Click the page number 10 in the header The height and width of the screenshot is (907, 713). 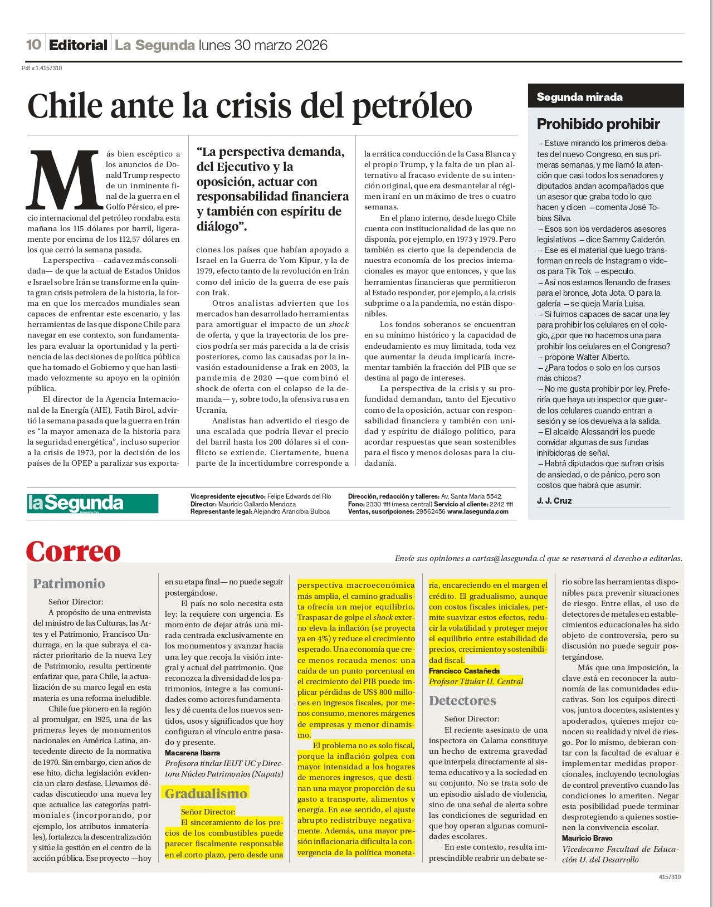point(33,45)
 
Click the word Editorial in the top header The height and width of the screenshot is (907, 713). point(78,45)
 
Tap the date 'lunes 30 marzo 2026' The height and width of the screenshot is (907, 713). point(263,45)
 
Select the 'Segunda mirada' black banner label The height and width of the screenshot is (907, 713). point(579,97)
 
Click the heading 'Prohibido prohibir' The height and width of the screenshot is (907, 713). point(598,124)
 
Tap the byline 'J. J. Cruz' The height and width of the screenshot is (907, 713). point(554,500)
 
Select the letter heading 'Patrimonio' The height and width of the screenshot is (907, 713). point(69,583)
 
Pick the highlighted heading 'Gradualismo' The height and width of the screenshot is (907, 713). point(206,793)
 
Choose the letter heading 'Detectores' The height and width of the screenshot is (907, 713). point(462,700)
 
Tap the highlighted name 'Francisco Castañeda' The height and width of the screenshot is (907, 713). point(464,671)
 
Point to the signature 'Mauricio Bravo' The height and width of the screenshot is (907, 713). point(587,838)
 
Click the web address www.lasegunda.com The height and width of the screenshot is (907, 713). point(478,511)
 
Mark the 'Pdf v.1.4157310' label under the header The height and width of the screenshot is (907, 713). point(42,68)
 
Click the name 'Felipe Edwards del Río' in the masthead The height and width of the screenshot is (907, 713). point(299,496)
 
